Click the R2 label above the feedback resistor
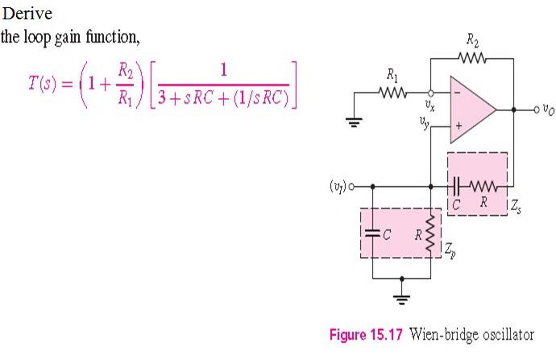[x=472, y=39]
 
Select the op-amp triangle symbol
[x=471, y=107]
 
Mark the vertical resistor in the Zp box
[x=429, y=231]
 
